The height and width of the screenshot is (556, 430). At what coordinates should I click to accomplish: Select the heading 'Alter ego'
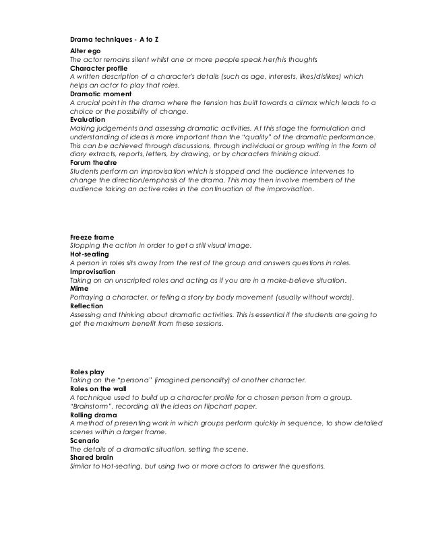point(85,51)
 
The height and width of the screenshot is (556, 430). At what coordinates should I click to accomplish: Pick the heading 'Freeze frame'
point(92,238)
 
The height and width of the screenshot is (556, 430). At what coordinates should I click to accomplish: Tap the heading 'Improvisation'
point(92,272)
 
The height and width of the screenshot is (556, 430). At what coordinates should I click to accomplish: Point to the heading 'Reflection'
point(87,306)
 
